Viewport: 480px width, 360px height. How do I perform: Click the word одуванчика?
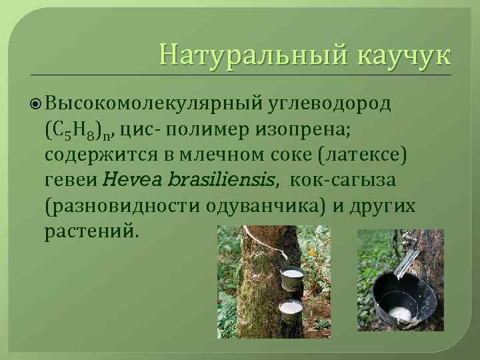[260, 204]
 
